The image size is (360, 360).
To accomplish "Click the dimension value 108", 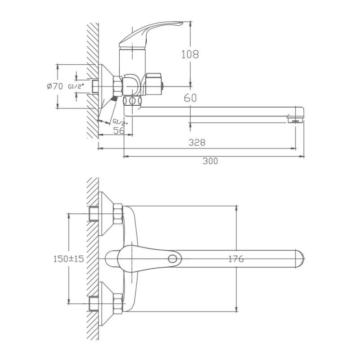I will [190, 54].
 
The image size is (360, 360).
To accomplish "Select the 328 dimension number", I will [197, 142].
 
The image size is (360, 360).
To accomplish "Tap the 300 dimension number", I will [210, 161].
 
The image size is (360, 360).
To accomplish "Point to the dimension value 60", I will [190, 98].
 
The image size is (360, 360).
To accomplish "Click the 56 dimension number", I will [119, 130].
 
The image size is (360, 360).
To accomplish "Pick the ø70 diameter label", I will [55, 87].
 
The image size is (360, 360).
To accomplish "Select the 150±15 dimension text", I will [69, 259].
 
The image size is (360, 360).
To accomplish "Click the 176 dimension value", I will [236, 259].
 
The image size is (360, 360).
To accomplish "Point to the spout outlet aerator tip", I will [295, 120].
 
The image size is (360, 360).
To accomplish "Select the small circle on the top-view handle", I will [172, 259].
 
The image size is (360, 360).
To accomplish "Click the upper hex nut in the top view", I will [118, 214].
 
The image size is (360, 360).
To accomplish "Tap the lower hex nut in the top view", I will [118, 304].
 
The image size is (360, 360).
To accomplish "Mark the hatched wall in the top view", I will [92, 259].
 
